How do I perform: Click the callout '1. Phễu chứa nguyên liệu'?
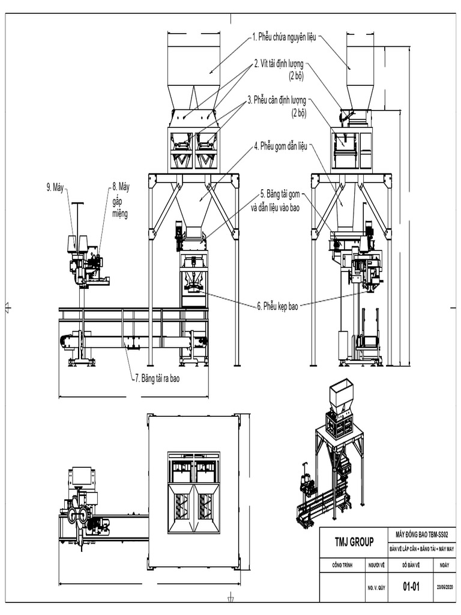[286, 37]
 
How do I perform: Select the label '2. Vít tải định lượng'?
[282, 62]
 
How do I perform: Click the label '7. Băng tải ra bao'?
[157, 378]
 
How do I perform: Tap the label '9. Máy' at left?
[55, 187]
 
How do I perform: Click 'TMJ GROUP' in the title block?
[354, 542]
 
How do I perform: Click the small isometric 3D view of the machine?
[329, 456]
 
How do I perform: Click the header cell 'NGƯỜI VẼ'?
[376, 565]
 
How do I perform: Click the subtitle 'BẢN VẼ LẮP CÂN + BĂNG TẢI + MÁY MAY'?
[422, 548]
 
